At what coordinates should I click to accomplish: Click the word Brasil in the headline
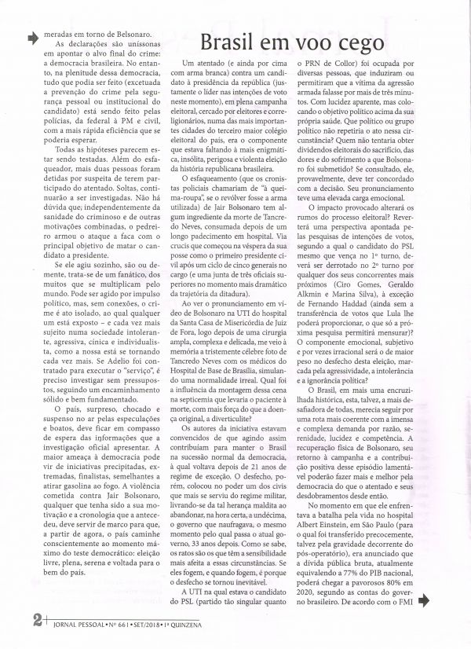229,42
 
